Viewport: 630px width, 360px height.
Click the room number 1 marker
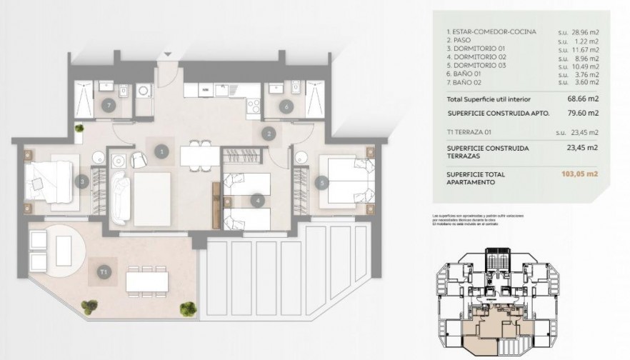pos(163,151)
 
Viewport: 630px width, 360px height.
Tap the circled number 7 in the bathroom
pos(108,106)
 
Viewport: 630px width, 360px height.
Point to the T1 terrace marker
pos(104,271)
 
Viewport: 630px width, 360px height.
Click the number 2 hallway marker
pos(269,133)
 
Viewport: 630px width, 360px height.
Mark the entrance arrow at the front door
pos(167,54)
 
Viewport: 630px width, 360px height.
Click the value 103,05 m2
pos(584,174)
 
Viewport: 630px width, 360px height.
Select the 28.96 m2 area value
pos(584,33)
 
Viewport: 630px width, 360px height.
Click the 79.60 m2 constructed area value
pos(584,114)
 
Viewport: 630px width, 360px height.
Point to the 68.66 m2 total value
pos(584,99)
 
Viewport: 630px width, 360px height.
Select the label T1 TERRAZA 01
pos(476,131)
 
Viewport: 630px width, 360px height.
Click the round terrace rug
pos(61,249)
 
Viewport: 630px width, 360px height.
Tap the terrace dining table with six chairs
pos(147,279)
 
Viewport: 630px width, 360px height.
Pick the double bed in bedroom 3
pos(49,179)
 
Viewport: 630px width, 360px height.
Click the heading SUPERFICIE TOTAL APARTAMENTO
pos(477,178)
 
